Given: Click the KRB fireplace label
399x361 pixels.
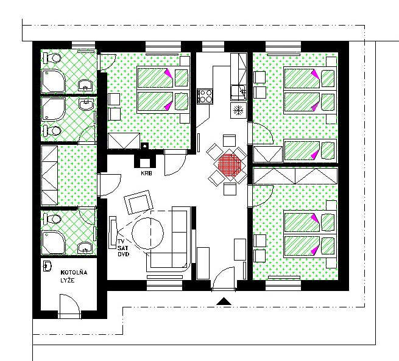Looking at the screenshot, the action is pyautogui.click(x=146, y=173).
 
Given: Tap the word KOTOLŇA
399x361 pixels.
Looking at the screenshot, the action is pyautogui.click(x=74, y=273).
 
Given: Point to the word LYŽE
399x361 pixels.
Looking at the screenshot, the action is pyautogui.click(x=68, y=281).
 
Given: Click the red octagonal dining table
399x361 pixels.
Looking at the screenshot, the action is pyautogui.click(x=230, y=165).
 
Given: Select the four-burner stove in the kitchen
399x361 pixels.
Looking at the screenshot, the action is pyautogui.click(x=205, y=96).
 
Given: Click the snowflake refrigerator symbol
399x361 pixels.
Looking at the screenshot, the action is pyautogui.click(x=238, y=110).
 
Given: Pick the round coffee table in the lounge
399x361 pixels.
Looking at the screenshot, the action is pyautogui.click(x=147, y=233).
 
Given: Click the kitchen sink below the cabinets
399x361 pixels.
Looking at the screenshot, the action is pyautogui.click(x=238, y=93).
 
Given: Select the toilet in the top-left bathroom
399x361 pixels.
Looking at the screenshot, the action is pyautogui.click(x=52, y=58).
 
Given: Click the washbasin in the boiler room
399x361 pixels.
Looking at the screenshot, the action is pyautogui.click(x=48, y=266).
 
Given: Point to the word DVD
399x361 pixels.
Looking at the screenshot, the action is pyautogui.click(x=124, y=254).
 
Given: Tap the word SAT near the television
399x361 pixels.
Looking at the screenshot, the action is pyautogui.click(x=123, y=248).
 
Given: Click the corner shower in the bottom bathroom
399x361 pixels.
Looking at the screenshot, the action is pyautogui.click(x=54, y=242).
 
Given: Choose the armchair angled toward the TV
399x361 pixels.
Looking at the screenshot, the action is pyautogui.click(x=139, y=202).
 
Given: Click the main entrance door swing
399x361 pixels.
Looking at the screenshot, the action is pyautogui.click(x=224, y=278).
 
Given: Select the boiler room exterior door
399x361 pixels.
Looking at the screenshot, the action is pyautogui.click(x=69, y=306).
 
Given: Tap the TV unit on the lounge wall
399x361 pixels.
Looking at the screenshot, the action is pyautogui.click(x=113, y=233).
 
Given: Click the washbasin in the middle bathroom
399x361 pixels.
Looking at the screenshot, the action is pyautogui.click(x=87, y=105).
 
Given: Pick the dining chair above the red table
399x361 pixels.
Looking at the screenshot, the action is pyautogui.click(x=229, y=141).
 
